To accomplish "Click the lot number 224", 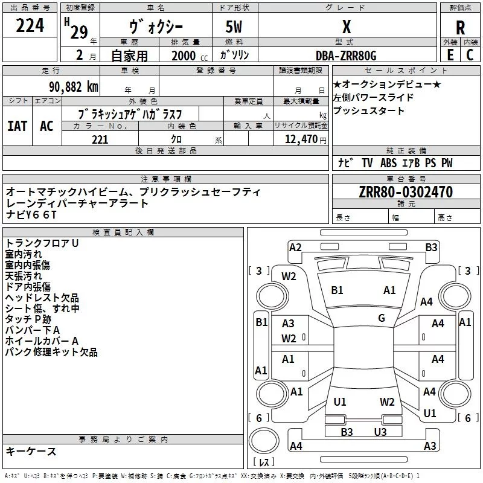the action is click(30, 26).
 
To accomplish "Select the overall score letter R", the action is click(460, 28).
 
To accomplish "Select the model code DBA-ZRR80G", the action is click(346, 56).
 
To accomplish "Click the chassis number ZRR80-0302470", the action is click(406, 192).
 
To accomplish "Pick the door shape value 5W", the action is click(235, 28).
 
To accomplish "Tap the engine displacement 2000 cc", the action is click(184, 56).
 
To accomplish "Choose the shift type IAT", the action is click(18, 126).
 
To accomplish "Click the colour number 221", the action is click(100, 139).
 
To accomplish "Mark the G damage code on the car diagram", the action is click(382, 318).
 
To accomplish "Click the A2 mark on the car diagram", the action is click(295, 247).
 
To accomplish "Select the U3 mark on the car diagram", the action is click(380, 432).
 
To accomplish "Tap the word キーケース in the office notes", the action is click(31, 452).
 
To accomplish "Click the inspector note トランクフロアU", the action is click(42, 243).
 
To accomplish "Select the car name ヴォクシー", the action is click(156, 27).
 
